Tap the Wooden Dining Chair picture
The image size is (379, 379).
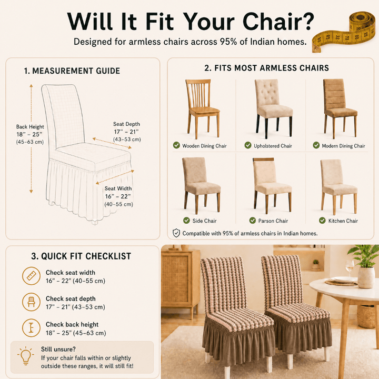pyautogui.click(x=203, y=109)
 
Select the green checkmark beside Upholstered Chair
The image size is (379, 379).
pyautogui.click(x=248, y=145)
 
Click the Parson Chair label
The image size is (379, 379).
pyautogui.click(x=273, y=221)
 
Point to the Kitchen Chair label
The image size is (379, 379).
pyautogui.click(x=343, y=221)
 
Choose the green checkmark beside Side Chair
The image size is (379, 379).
pyautogui.click(x=186, y=221)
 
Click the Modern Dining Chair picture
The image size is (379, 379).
pyautogui.click(x=341, y=109)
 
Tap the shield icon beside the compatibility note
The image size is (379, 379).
pyautogui.click(x=176, y=233)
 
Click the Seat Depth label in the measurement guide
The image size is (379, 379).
pyautogui.click(x=126, y=124)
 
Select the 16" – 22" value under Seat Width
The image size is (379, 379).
pyautogui.click(x=118, y=196)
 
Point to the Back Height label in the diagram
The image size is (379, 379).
pyautogui.click(x=30, y=127)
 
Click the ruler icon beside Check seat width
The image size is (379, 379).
pyautogui.click(x=31, y=276)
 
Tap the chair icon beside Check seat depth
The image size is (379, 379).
pyautogui.click(x=31, y=302)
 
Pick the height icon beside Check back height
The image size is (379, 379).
pyautogui.click(x=31, y=328)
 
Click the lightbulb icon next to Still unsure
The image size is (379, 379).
pyautogui.click(x=25, y=355)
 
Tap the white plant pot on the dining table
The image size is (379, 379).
pyautogui.click(x=366, y=277)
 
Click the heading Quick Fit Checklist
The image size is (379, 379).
pyautogui.click(x=81, y=256)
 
